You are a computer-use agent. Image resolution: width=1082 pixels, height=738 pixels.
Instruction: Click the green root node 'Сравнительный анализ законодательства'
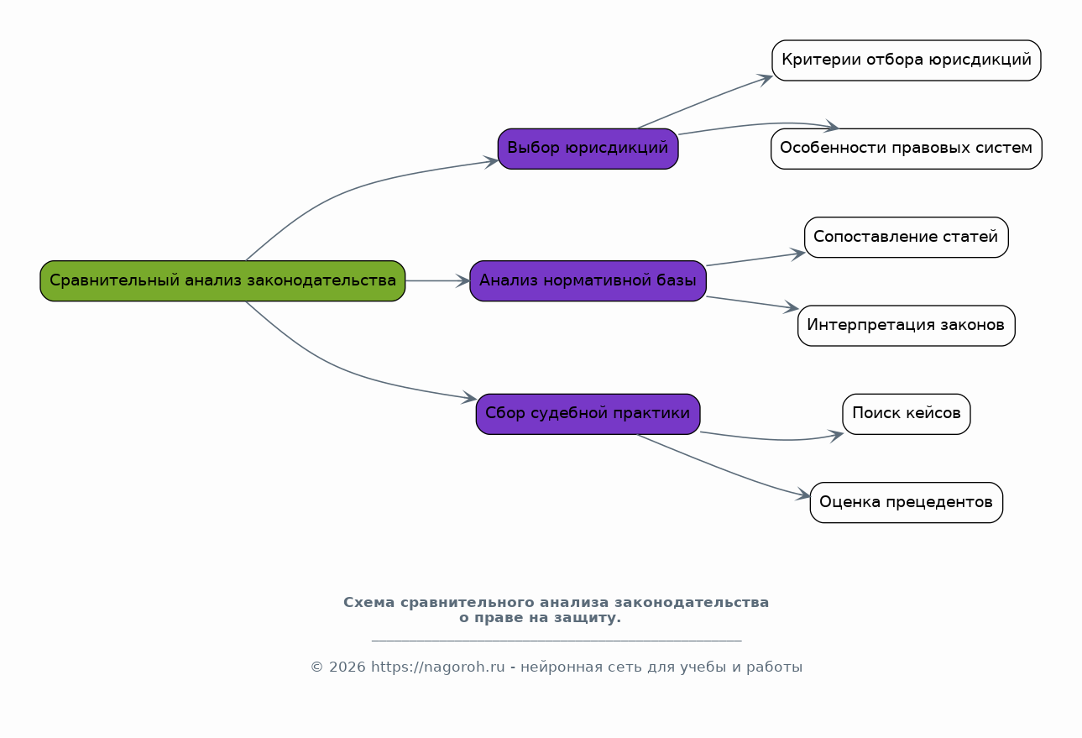(222, 281)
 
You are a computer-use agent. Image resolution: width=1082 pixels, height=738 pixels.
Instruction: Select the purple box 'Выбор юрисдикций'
(588, 149)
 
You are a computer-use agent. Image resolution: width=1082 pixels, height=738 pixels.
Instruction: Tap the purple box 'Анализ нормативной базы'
(588, 281)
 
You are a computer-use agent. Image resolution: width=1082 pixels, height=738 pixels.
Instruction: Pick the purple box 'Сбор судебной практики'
(588, 414)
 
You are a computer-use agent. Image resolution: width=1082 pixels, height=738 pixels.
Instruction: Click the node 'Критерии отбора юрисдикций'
(907, 60)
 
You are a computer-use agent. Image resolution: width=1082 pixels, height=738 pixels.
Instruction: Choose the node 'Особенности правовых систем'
(907, 149)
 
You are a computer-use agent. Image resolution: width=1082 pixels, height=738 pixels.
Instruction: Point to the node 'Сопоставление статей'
(907, 237)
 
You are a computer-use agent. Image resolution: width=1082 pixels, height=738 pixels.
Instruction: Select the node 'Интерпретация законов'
(907, 326)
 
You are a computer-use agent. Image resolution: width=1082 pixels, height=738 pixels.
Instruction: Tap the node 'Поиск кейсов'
(907, 414)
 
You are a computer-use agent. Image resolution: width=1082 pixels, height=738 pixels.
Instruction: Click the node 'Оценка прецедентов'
(907, 502)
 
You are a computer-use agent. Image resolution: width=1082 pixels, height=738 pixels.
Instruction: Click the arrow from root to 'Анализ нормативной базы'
(437, 280)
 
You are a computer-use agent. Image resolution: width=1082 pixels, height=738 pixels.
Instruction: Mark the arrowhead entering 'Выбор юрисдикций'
(491, 162)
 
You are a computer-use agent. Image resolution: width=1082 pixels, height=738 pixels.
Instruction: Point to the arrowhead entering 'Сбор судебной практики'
(469, 397)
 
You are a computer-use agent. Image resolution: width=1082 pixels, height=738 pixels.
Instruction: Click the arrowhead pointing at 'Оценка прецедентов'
(803, 495)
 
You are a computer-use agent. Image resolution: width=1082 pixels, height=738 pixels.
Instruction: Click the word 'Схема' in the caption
(369, 602)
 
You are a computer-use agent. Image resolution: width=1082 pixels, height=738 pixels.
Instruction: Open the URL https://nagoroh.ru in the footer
(437, 667)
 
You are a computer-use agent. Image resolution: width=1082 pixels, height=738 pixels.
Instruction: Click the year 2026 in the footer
(348, 667)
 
